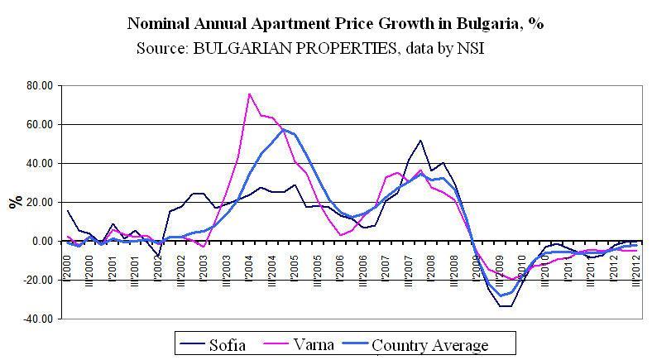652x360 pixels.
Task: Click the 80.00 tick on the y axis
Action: pyautogui.click(x=39, y=85)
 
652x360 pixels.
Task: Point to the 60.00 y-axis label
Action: pyautogui.click(x=39, y=124)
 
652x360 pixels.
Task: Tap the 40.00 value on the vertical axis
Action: pyautogui.click(x=39, y=163)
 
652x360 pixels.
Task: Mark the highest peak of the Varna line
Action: pyautogui.click(x=249, y=94)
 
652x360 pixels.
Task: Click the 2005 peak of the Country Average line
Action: pyautogui.click(x=284, y=129)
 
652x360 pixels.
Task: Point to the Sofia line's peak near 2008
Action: pyautogui.click(x=420, y=141)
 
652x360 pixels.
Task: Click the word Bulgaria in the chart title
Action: pyautogui.click(x=485, y=23)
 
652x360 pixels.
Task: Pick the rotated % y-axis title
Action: pyautogui.click(x=14, y=202)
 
